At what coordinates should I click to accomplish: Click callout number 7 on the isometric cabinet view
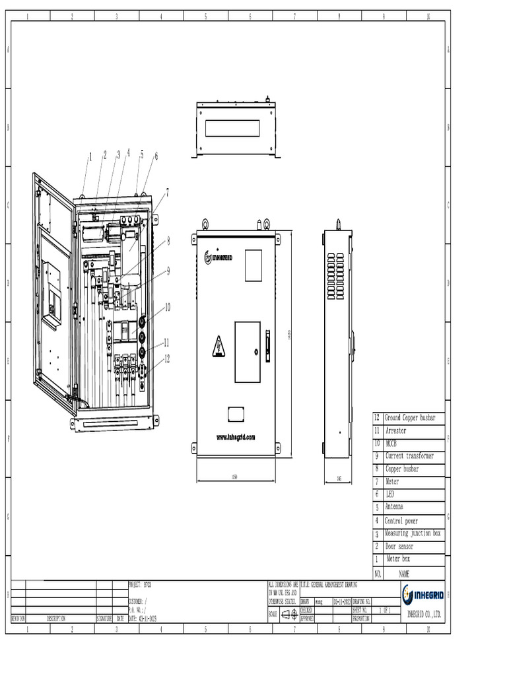[167, 192]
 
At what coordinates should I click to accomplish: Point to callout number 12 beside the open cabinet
[167, 359]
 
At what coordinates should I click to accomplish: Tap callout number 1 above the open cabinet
[90, 156]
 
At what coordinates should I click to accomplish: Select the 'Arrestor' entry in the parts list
[396, 431]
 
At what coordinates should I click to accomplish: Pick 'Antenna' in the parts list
[395, 508]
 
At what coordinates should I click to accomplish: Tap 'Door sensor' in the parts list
[399, 547]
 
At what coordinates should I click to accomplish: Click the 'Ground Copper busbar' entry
[410, 418]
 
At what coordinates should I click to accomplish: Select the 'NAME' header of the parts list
[405, 574]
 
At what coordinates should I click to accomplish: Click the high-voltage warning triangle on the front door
[219, 347]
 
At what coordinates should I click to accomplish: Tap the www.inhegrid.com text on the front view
[236, 437]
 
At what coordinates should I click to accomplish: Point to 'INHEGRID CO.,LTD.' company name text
[423, 615]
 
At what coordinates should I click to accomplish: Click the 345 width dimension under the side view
[339, 477]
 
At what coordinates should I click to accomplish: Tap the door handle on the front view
[267, 346]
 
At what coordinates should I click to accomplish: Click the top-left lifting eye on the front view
[205, 223]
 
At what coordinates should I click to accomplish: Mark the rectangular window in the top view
[232, 128]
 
